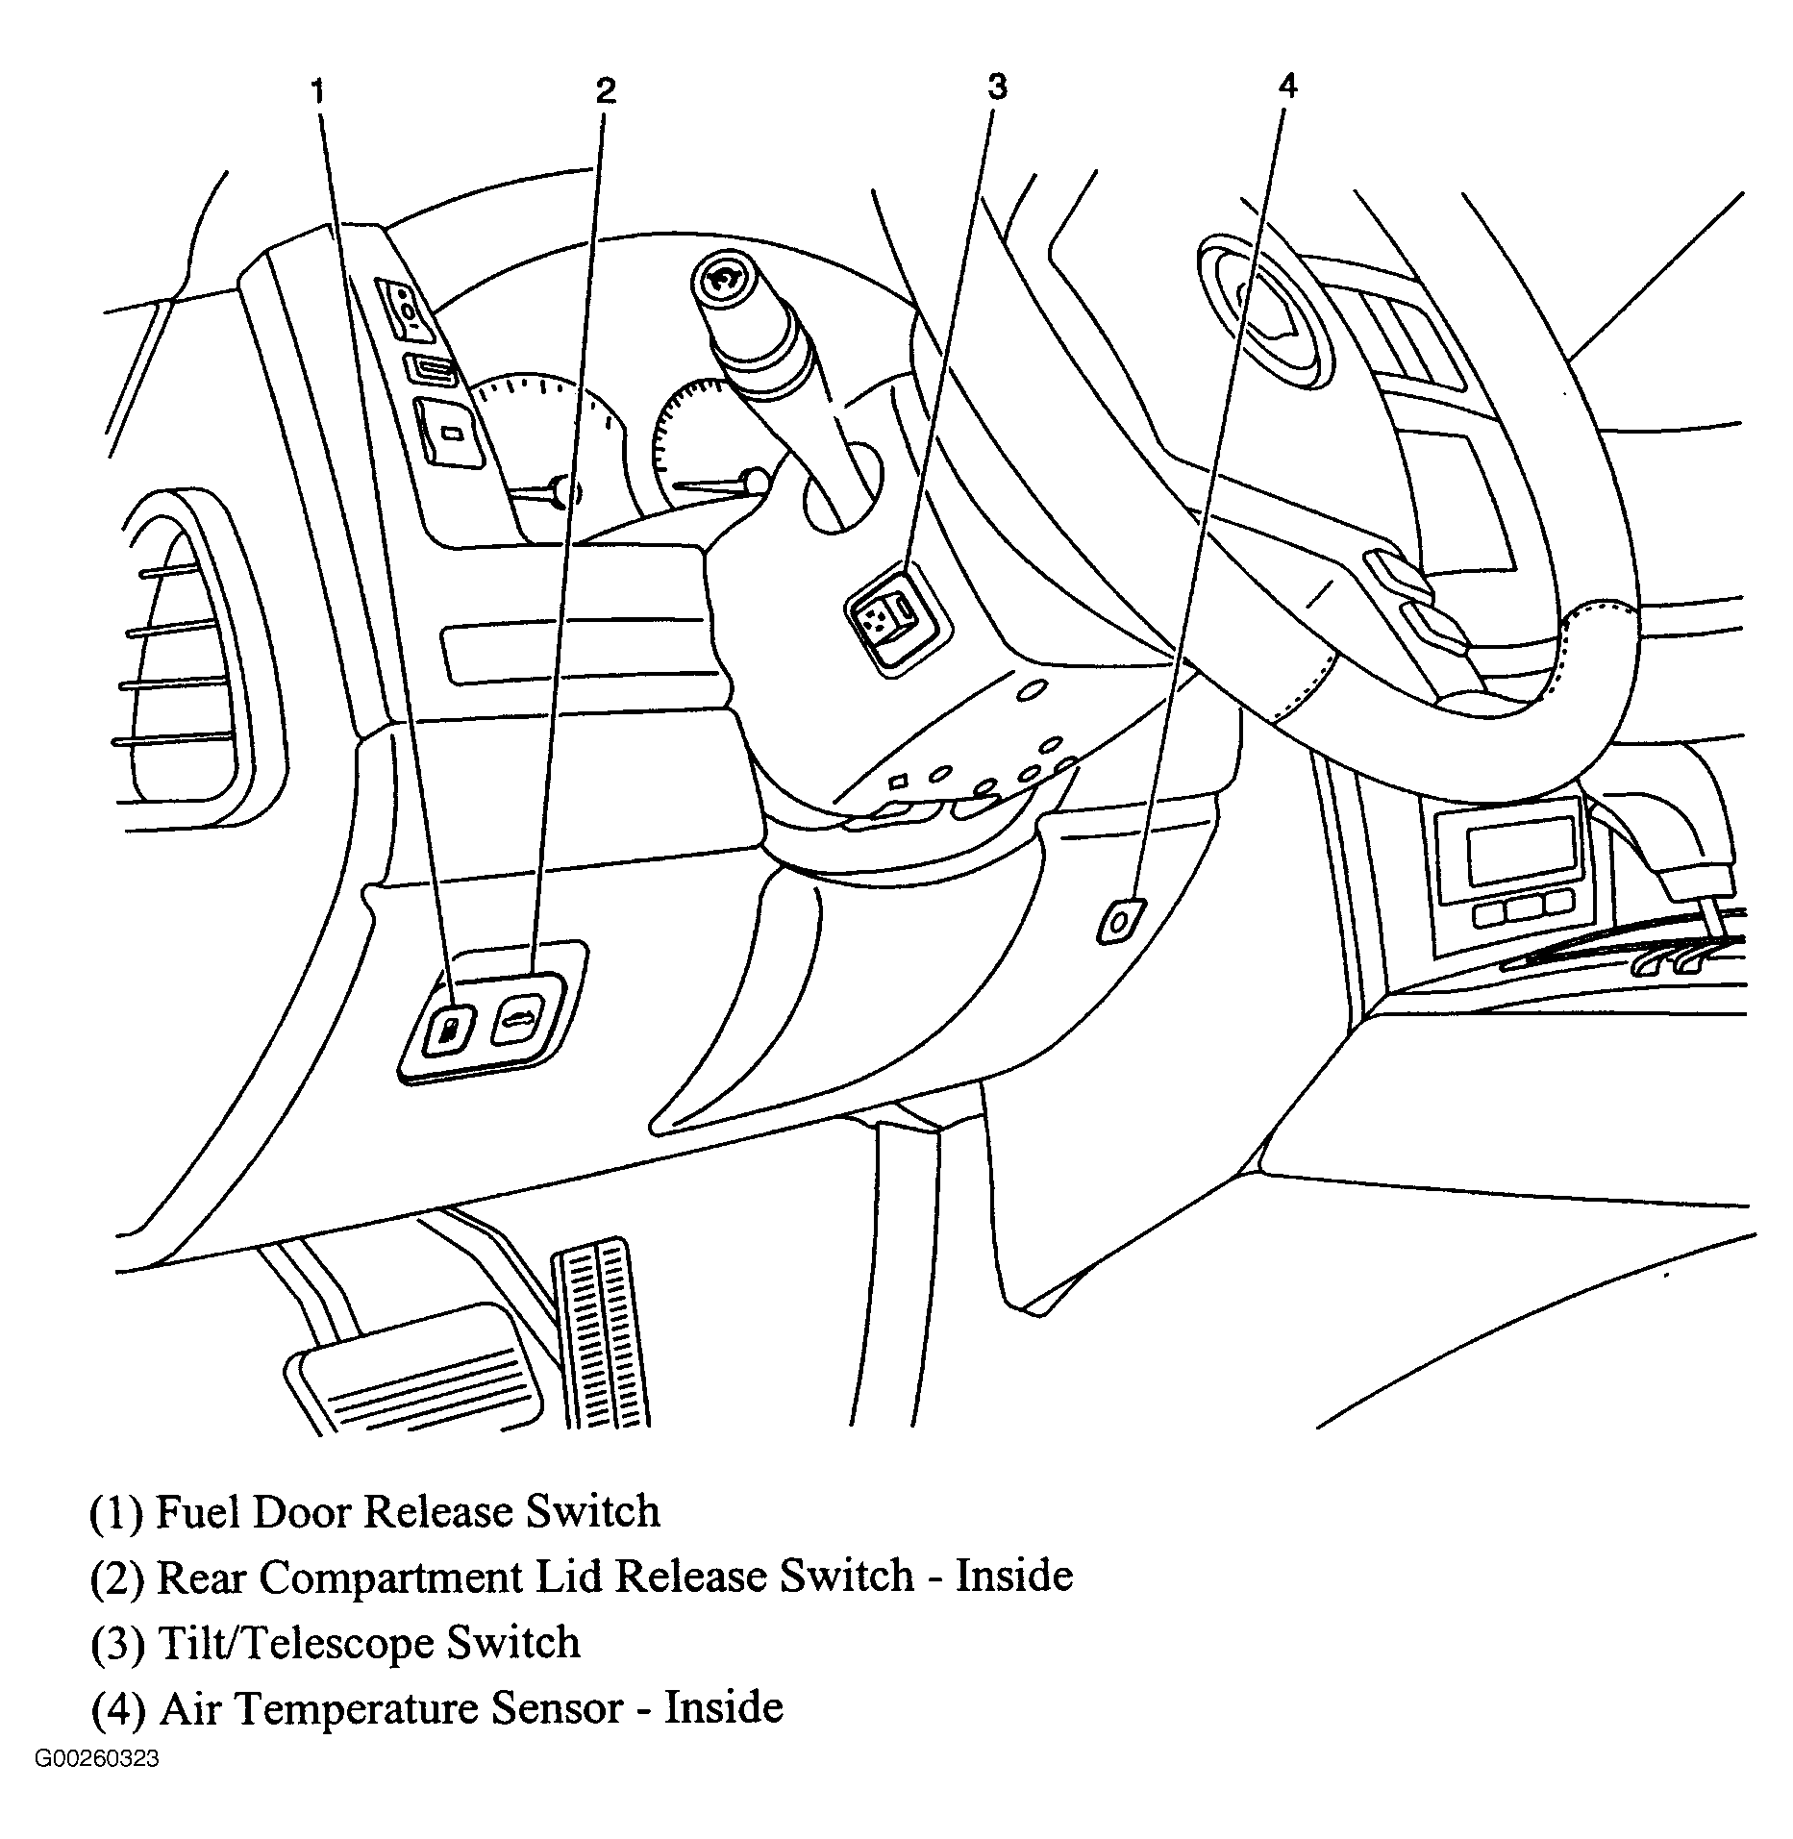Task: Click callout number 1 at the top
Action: point(318,92)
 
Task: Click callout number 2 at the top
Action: point(605,90)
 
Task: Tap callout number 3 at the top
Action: point(997,87)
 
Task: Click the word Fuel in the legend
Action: point(196,1512)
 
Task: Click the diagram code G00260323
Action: point(97,1759)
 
